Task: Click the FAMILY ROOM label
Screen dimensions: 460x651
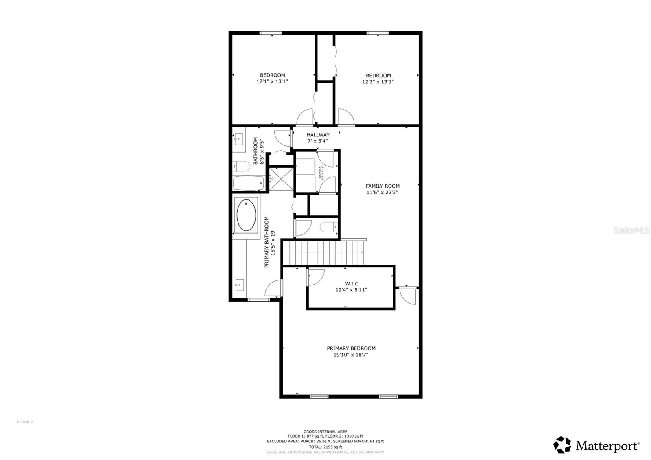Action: (382, 186)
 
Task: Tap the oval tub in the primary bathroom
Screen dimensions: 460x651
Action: (246, 215)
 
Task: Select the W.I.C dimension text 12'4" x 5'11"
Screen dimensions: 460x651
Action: (351, 290)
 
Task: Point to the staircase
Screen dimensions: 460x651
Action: (323, 252)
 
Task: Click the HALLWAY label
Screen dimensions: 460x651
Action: (318, 135)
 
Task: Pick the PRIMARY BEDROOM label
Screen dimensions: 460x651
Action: (351, 348)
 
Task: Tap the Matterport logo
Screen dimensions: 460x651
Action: (596, 445)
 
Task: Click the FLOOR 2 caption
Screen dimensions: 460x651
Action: (25, 422)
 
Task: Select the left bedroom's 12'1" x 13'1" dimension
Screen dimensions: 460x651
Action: (272, 81)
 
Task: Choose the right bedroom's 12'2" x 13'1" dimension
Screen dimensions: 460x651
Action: (378, 82)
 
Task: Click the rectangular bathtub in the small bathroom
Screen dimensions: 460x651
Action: (248, 183)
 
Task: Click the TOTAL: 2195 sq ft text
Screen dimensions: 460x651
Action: (325, 447)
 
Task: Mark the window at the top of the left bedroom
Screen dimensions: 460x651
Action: (271, 33)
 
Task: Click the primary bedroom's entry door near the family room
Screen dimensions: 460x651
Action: (408, 295)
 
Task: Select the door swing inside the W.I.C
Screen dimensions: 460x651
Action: (315, 277)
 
